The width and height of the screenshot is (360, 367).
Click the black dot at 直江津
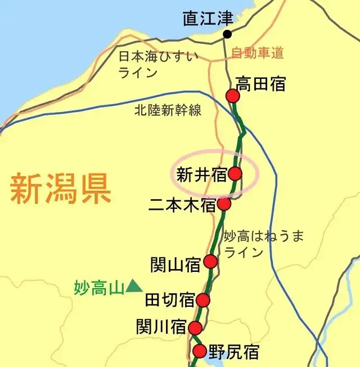(227, 34)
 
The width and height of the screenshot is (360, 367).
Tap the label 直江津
(208, 18)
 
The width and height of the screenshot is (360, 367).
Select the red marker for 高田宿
(233, 96)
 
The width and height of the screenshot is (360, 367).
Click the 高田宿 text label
(260, 84)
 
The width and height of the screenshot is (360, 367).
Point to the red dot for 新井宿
(235, 173)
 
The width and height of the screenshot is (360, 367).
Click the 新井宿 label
(201, 175)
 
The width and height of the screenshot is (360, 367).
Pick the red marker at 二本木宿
(224, 204)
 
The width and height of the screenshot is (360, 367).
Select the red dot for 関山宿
(210, 261)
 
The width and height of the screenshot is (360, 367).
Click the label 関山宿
(175, 264)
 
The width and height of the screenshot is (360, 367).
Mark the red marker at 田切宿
(202, 301)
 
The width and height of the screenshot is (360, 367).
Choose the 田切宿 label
(170, 300)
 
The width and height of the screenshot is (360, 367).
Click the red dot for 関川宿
(195, 328)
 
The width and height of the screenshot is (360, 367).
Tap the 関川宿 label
(161, 326)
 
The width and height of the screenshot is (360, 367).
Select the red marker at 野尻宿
(200, 352)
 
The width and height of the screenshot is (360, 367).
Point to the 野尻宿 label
(234, 353)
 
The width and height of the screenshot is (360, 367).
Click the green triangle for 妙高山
(134, 287)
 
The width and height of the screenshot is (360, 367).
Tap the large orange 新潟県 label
(60, 189)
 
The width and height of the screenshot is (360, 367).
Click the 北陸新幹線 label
(168, 110)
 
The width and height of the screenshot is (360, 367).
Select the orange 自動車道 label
(257, 53)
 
